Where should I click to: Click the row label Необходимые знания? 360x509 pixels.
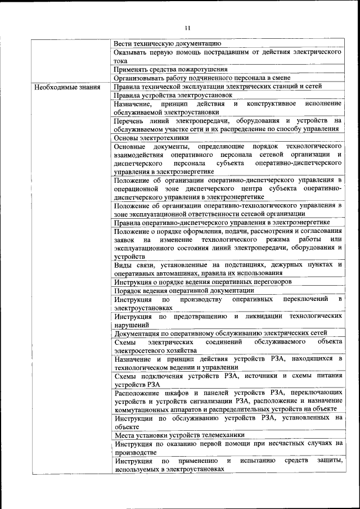tap(67, 87)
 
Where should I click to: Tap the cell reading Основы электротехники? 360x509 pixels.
tap(151, 138)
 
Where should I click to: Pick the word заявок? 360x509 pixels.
tap(124, 240)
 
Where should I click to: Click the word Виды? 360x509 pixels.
tap(123, 265)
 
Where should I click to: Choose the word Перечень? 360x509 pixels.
tap(130, 121)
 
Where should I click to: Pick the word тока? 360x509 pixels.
tap(121, 60)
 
